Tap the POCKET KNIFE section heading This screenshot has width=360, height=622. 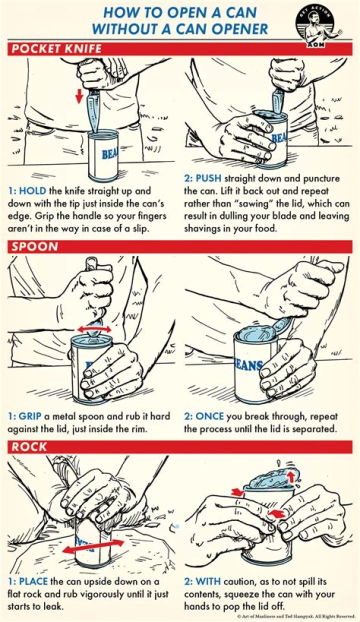click(x=56, y=49)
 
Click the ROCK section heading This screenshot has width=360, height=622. click(x=29, y=445)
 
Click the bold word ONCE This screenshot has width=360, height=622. click(x=210, y=416)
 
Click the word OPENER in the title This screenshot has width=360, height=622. click(x=233, y=29)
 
